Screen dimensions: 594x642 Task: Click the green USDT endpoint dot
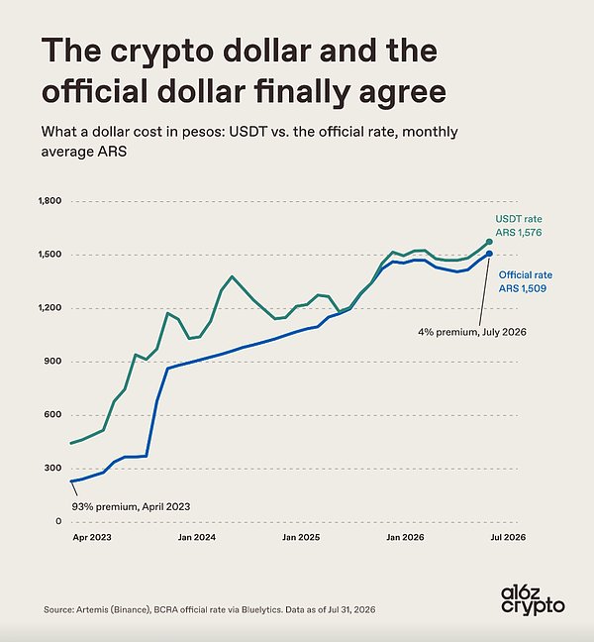pos(489,242)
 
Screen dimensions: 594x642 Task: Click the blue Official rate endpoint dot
pos(489,254)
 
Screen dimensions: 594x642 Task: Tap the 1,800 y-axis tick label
pos(49,201)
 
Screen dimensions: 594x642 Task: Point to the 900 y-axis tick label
pos(53,361)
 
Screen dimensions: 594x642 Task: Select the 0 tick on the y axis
pos(59,521)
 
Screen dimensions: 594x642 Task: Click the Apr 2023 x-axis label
pos(92,537)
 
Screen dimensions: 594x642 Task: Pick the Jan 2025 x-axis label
pos(301,537)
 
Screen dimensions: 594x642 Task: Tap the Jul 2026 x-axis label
pos(508,537)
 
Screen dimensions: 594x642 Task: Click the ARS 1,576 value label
pos(519,233)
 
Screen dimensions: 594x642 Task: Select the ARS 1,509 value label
pos(523,288)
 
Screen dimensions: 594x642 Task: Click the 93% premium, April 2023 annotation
pos(131,507)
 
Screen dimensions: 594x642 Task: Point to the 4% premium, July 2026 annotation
pos(472,332)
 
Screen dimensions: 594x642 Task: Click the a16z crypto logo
pos(533,599)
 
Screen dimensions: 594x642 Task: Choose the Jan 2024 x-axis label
pos(196,537)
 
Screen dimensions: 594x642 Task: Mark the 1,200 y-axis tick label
pos(49,308)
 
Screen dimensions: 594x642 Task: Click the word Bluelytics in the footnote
pos(261,609)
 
